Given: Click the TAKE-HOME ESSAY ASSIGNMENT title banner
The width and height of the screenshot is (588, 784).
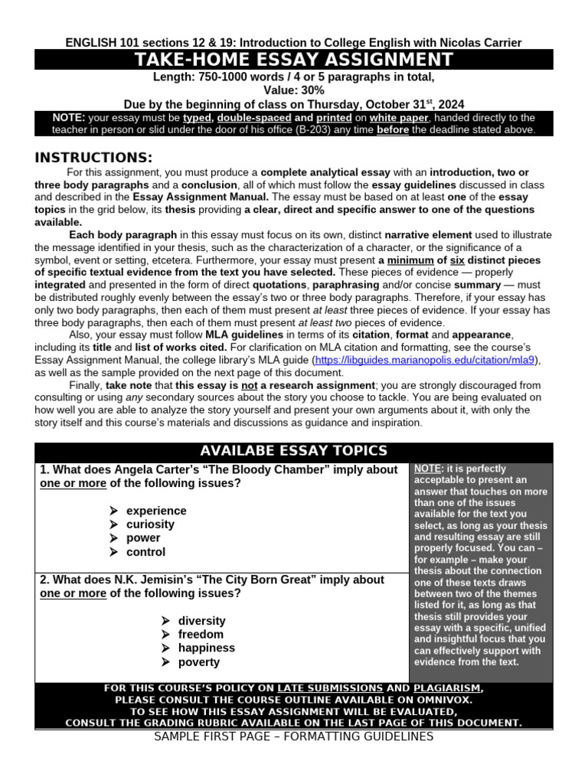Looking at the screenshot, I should click(x=293, y=60).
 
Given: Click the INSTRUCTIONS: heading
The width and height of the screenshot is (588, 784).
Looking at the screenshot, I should click(x=94, y=158).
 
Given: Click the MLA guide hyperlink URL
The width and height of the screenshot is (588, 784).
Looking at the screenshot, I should click(x=426, y=359).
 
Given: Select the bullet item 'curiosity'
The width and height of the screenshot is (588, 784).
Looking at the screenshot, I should click(x=150, y=524).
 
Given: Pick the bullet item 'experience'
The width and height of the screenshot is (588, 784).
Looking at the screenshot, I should click(x=156, y=511).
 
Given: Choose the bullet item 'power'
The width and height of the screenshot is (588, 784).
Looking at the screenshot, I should click(x=143, y=538).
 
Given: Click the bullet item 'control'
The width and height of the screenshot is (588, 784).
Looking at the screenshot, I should click(x=145, y=552).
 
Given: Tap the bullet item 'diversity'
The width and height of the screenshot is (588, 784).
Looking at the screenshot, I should click(x=201, y=621).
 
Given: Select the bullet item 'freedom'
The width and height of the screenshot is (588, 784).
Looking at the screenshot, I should click(x=201, y=635).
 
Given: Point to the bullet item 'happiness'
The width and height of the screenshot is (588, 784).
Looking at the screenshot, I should click(x=206, y=648).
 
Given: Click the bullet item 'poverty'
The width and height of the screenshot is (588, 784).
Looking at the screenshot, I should click(x=198, y=662).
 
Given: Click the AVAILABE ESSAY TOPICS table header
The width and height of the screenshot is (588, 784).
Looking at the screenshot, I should click(x=293, y=451).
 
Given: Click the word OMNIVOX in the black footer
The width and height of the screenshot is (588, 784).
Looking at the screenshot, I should click(x=445, y=700).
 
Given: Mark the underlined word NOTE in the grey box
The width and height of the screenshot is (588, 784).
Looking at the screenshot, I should click(x=426, y=468).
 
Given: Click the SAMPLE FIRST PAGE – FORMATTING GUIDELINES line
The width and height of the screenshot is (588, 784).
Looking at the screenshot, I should click(x=293, y=737).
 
